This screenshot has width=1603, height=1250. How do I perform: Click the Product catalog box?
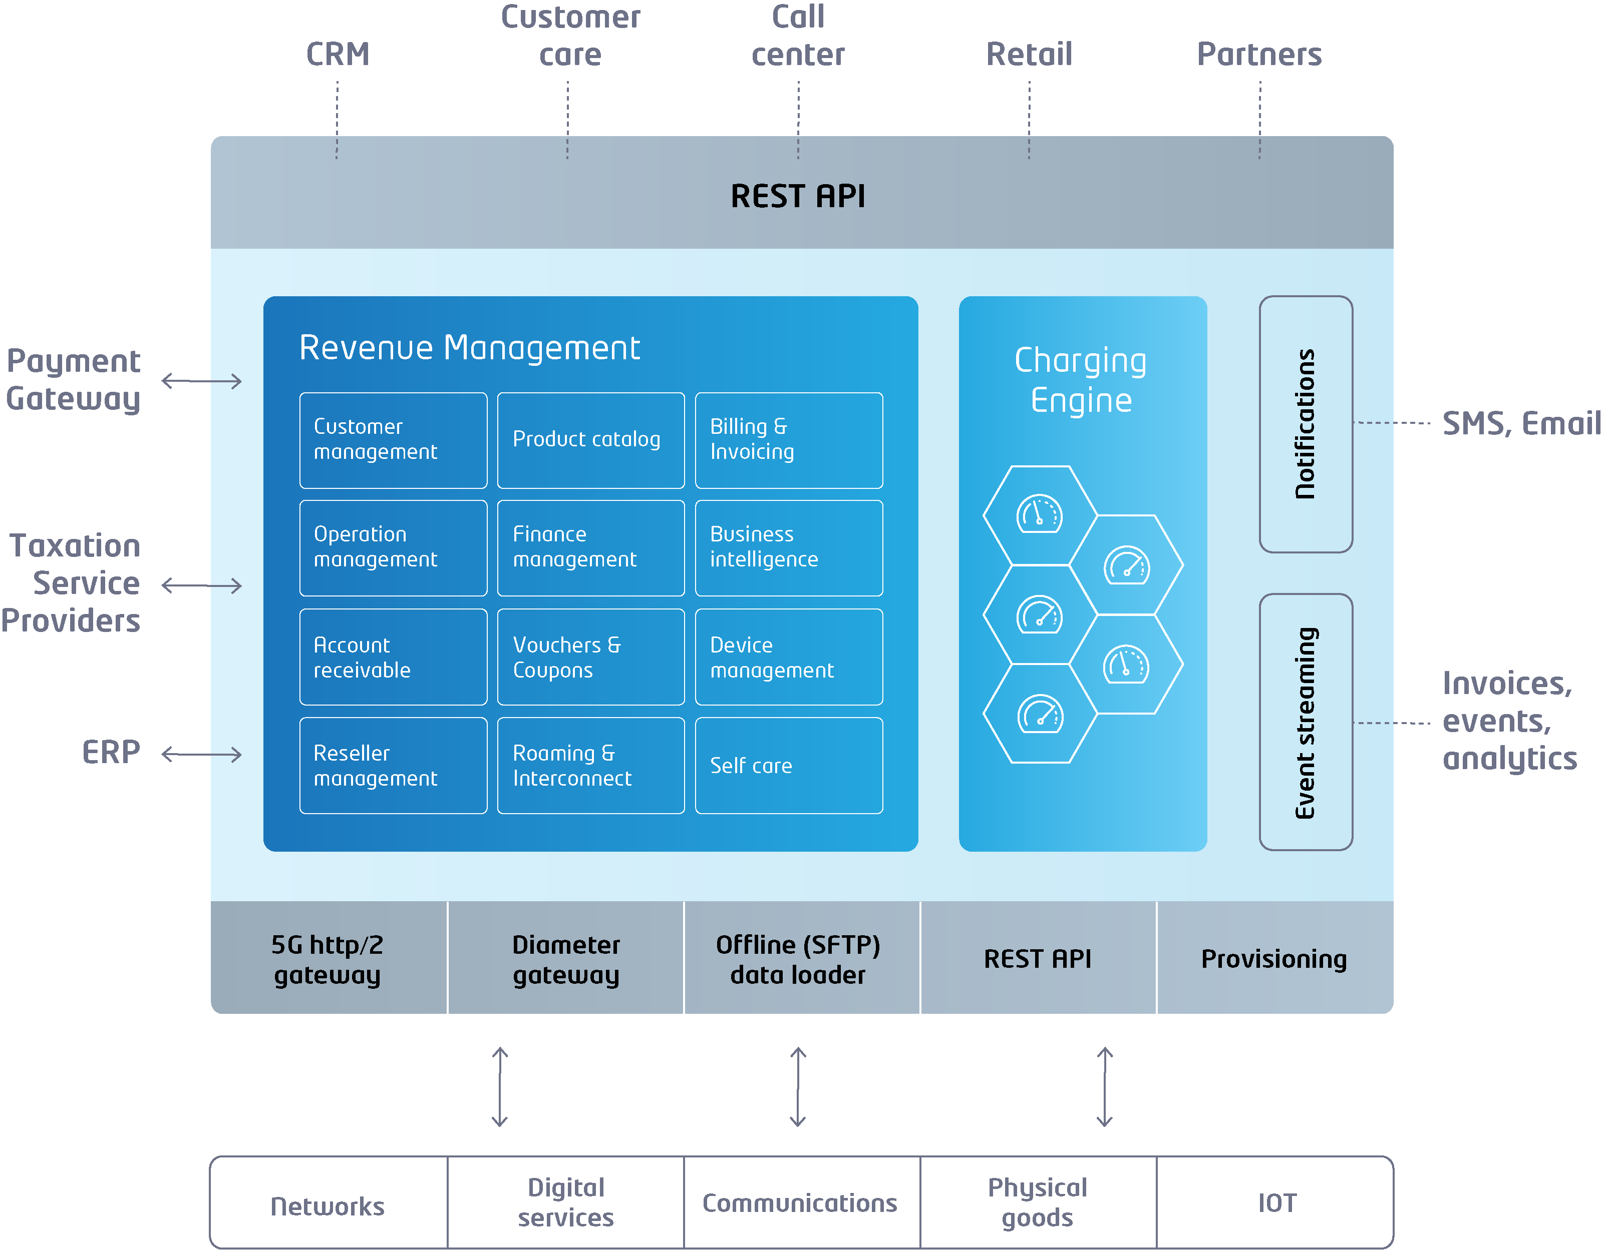pos(591,440)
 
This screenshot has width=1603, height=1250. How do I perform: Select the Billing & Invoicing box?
pos(789,440)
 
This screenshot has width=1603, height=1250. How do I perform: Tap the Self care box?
pos(789,765)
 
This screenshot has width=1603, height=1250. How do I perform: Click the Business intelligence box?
pos(789,547)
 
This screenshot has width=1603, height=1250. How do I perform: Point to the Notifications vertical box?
pos(1306,424)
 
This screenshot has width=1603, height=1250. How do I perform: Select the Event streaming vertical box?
pos(1306,722)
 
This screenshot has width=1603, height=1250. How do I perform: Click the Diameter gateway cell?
pos(566,959)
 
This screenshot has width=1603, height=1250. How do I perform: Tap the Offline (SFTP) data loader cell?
pos(799,959)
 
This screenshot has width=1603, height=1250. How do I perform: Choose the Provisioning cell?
pos(1274,959)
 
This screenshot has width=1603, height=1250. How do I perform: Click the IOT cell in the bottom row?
pos(1276,1203)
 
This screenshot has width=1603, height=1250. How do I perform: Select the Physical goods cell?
pos(1037,1203)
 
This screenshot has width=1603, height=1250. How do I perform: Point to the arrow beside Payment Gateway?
pos(202,381)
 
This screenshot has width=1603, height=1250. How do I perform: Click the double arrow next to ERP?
pos(202,754)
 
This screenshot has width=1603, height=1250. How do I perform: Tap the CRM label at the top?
pos(338,54)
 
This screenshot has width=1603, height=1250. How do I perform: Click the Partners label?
pos(1259,54)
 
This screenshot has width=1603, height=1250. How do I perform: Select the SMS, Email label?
pos(1521,423)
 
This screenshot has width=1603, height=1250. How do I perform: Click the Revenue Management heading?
pos(470,348)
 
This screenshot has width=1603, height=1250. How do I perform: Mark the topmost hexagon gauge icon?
pos(1039,514)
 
